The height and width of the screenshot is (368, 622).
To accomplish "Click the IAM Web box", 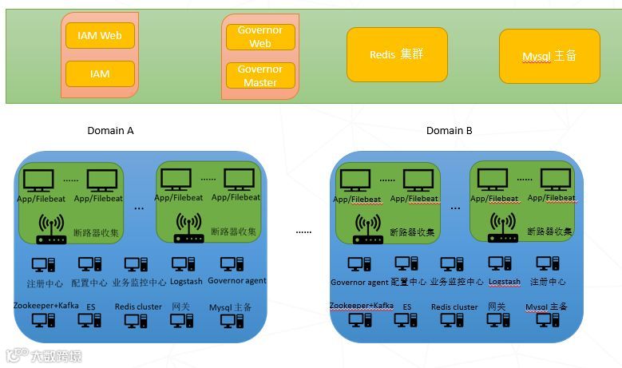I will tap(100, 35).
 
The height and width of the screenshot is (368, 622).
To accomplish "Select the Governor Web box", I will tap(260, 37).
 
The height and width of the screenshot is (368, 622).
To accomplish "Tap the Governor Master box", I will tap(260, 76).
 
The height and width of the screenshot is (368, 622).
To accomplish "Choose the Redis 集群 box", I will tap(397, 55).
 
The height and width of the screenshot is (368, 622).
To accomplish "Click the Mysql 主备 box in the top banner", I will tap(549, 56).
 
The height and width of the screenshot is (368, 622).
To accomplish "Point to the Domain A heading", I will tap(110, 130).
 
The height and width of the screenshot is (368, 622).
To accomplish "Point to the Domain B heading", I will tap(449, 130).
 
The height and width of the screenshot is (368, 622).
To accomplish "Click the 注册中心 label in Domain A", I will tap(44, 282).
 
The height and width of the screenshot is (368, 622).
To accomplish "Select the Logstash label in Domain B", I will tap(505, 282).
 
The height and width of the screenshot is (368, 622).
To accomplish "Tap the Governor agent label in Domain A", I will tap(237, 281).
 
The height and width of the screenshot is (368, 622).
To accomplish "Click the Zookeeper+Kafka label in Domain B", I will tap(362, 306).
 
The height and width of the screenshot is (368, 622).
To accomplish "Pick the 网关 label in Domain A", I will tap(180, 307).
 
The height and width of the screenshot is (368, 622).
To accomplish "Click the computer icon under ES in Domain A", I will tap(90, 320).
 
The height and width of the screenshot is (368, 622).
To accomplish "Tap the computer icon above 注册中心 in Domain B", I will tap(548, 264).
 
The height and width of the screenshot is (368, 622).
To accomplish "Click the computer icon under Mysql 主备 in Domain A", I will tap(232, 320).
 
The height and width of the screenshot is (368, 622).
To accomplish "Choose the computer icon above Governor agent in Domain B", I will tap(359, 264).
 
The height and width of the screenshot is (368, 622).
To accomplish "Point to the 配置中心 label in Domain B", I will tap(406, 282).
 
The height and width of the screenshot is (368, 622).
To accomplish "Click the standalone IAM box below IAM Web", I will tap(100, 73).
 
